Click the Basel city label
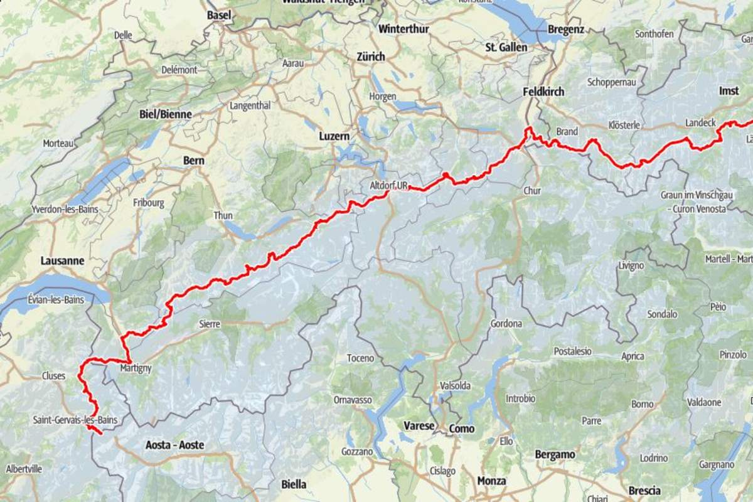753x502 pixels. tap(219, 14)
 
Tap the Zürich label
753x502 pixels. tap(370, 56)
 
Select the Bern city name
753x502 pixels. tap(193, 161)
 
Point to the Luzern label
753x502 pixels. tap(334, 136)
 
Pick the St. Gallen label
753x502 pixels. tap(506, 47)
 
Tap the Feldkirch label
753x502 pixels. tap(543, 92)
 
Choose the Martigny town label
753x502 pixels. tap(136, 368)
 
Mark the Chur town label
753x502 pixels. tap(531, 190)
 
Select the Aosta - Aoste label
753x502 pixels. tap(174, 445)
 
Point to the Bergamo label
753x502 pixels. tap(555, 454)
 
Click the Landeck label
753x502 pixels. tap(700, 122)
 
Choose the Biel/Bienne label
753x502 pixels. tap(165, 114)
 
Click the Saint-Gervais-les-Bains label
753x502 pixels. tap(75, 419)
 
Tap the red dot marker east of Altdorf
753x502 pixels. tap(444, 175)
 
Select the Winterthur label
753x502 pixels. tap(402, 29)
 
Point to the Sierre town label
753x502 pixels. tap(210, 324)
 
